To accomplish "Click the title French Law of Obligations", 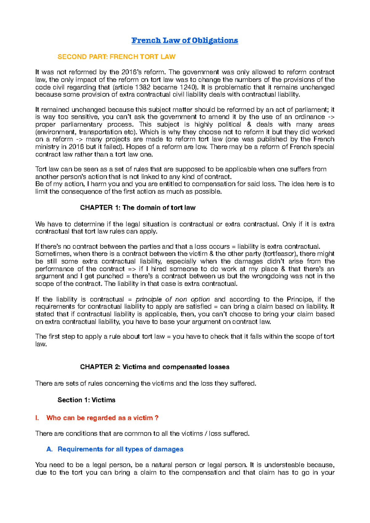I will (x=185, y=40).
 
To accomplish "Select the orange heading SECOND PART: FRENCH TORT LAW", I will (x=117, y=57).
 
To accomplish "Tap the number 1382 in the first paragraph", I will (x=143, y=87).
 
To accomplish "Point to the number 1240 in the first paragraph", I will (x=188, y=87).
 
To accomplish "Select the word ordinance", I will (x=310, y=117).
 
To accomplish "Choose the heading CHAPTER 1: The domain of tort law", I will (x=138, y=208).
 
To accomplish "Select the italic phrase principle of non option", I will (x=173, y=299).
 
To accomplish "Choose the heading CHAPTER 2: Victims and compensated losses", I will (x=154, y=367).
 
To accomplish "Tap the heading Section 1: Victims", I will (x=86, y=400).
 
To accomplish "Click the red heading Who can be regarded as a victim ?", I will (x=102, y=418).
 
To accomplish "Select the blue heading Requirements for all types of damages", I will (x=120, y=449).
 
